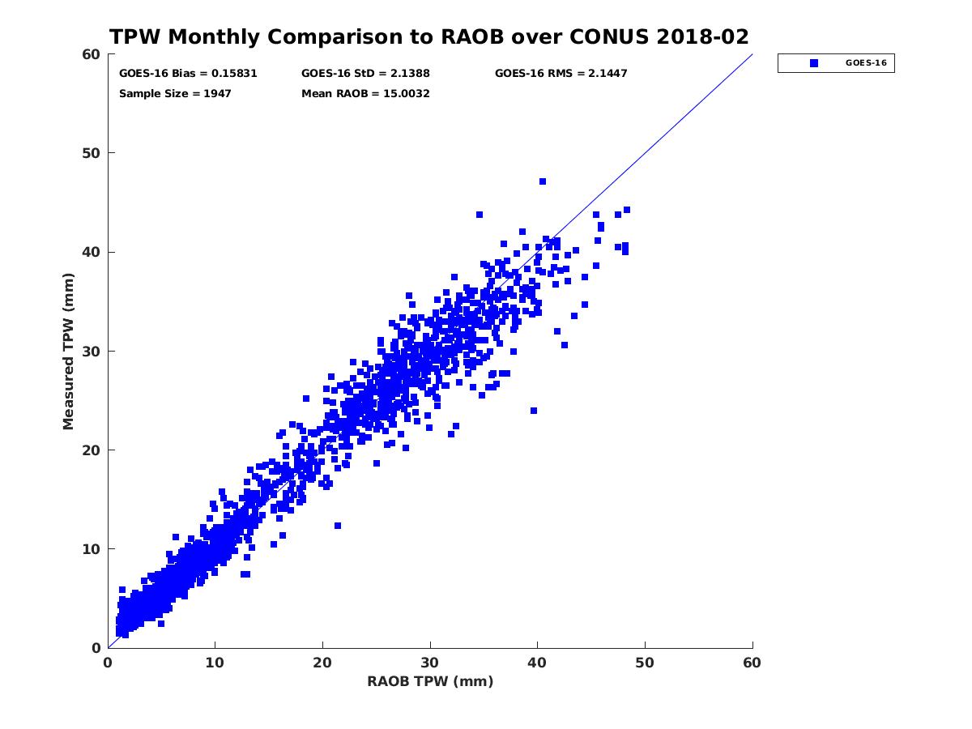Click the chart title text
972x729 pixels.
(x=428, y=37)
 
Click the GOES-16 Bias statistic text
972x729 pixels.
(x=188, y=73)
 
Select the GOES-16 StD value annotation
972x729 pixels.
(x=365, y=73)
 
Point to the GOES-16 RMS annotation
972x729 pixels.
(x=561, y=73)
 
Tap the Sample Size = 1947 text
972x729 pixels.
(x=175, y=93)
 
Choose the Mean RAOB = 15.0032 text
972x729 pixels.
(x=365, y=93)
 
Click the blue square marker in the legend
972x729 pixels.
(x=814, y=63)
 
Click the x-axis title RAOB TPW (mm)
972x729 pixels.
(x=430, y=681)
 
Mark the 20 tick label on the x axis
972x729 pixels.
(x=322, y=663)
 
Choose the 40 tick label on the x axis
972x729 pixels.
(x=537, y=663)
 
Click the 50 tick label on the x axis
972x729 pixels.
(x=645, y=663)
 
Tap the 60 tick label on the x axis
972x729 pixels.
(x=752, y=663)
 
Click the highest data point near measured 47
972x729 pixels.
(x=543, y=181)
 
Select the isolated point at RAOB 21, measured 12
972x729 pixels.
(x=338, y=526)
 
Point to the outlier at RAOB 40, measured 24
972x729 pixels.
(x=534, y=411)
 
